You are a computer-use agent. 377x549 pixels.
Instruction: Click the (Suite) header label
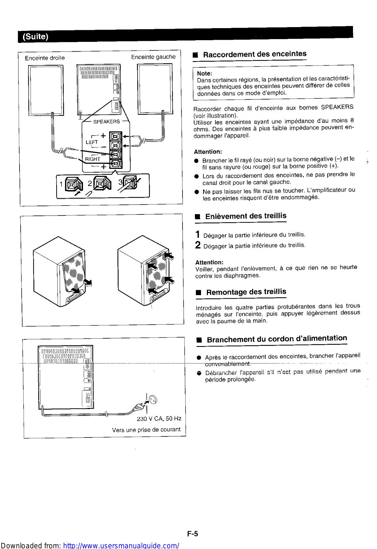35,36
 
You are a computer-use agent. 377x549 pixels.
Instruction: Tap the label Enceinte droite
45,58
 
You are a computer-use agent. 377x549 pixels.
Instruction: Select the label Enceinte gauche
153,57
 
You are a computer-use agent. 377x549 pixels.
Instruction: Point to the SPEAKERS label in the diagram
106,121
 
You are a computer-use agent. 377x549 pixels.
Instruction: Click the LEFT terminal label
92,142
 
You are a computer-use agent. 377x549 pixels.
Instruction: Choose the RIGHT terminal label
93,159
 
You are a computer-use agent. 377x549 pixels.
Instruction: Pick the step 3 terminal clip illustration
131,183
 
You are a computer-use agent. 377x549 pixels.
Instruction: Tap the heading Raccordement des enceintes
255,54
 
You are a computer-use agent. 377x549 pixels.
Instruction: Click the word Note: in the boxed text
204,73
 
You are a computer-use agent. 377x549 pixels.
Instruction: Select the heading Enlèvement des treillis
246,216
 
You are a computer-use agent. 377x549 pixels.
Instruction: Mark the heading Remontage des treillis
246,292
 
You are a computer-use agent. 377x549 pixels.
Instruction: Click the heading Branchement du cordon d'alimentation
277,339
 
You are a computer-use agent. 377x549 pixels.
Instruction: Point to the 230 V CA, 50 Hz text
159,419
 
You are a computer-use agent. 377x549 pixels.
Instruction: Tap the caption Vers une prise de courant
146,430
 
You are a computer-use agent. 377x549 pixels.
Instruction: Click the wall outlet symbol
153,399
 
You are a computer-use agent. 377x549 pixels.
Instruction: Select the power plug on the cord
139,407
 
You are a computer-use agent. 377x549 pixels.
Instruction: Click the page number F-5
192,534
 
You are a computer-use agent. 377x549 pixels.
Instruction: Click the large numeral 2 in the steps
198,245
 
